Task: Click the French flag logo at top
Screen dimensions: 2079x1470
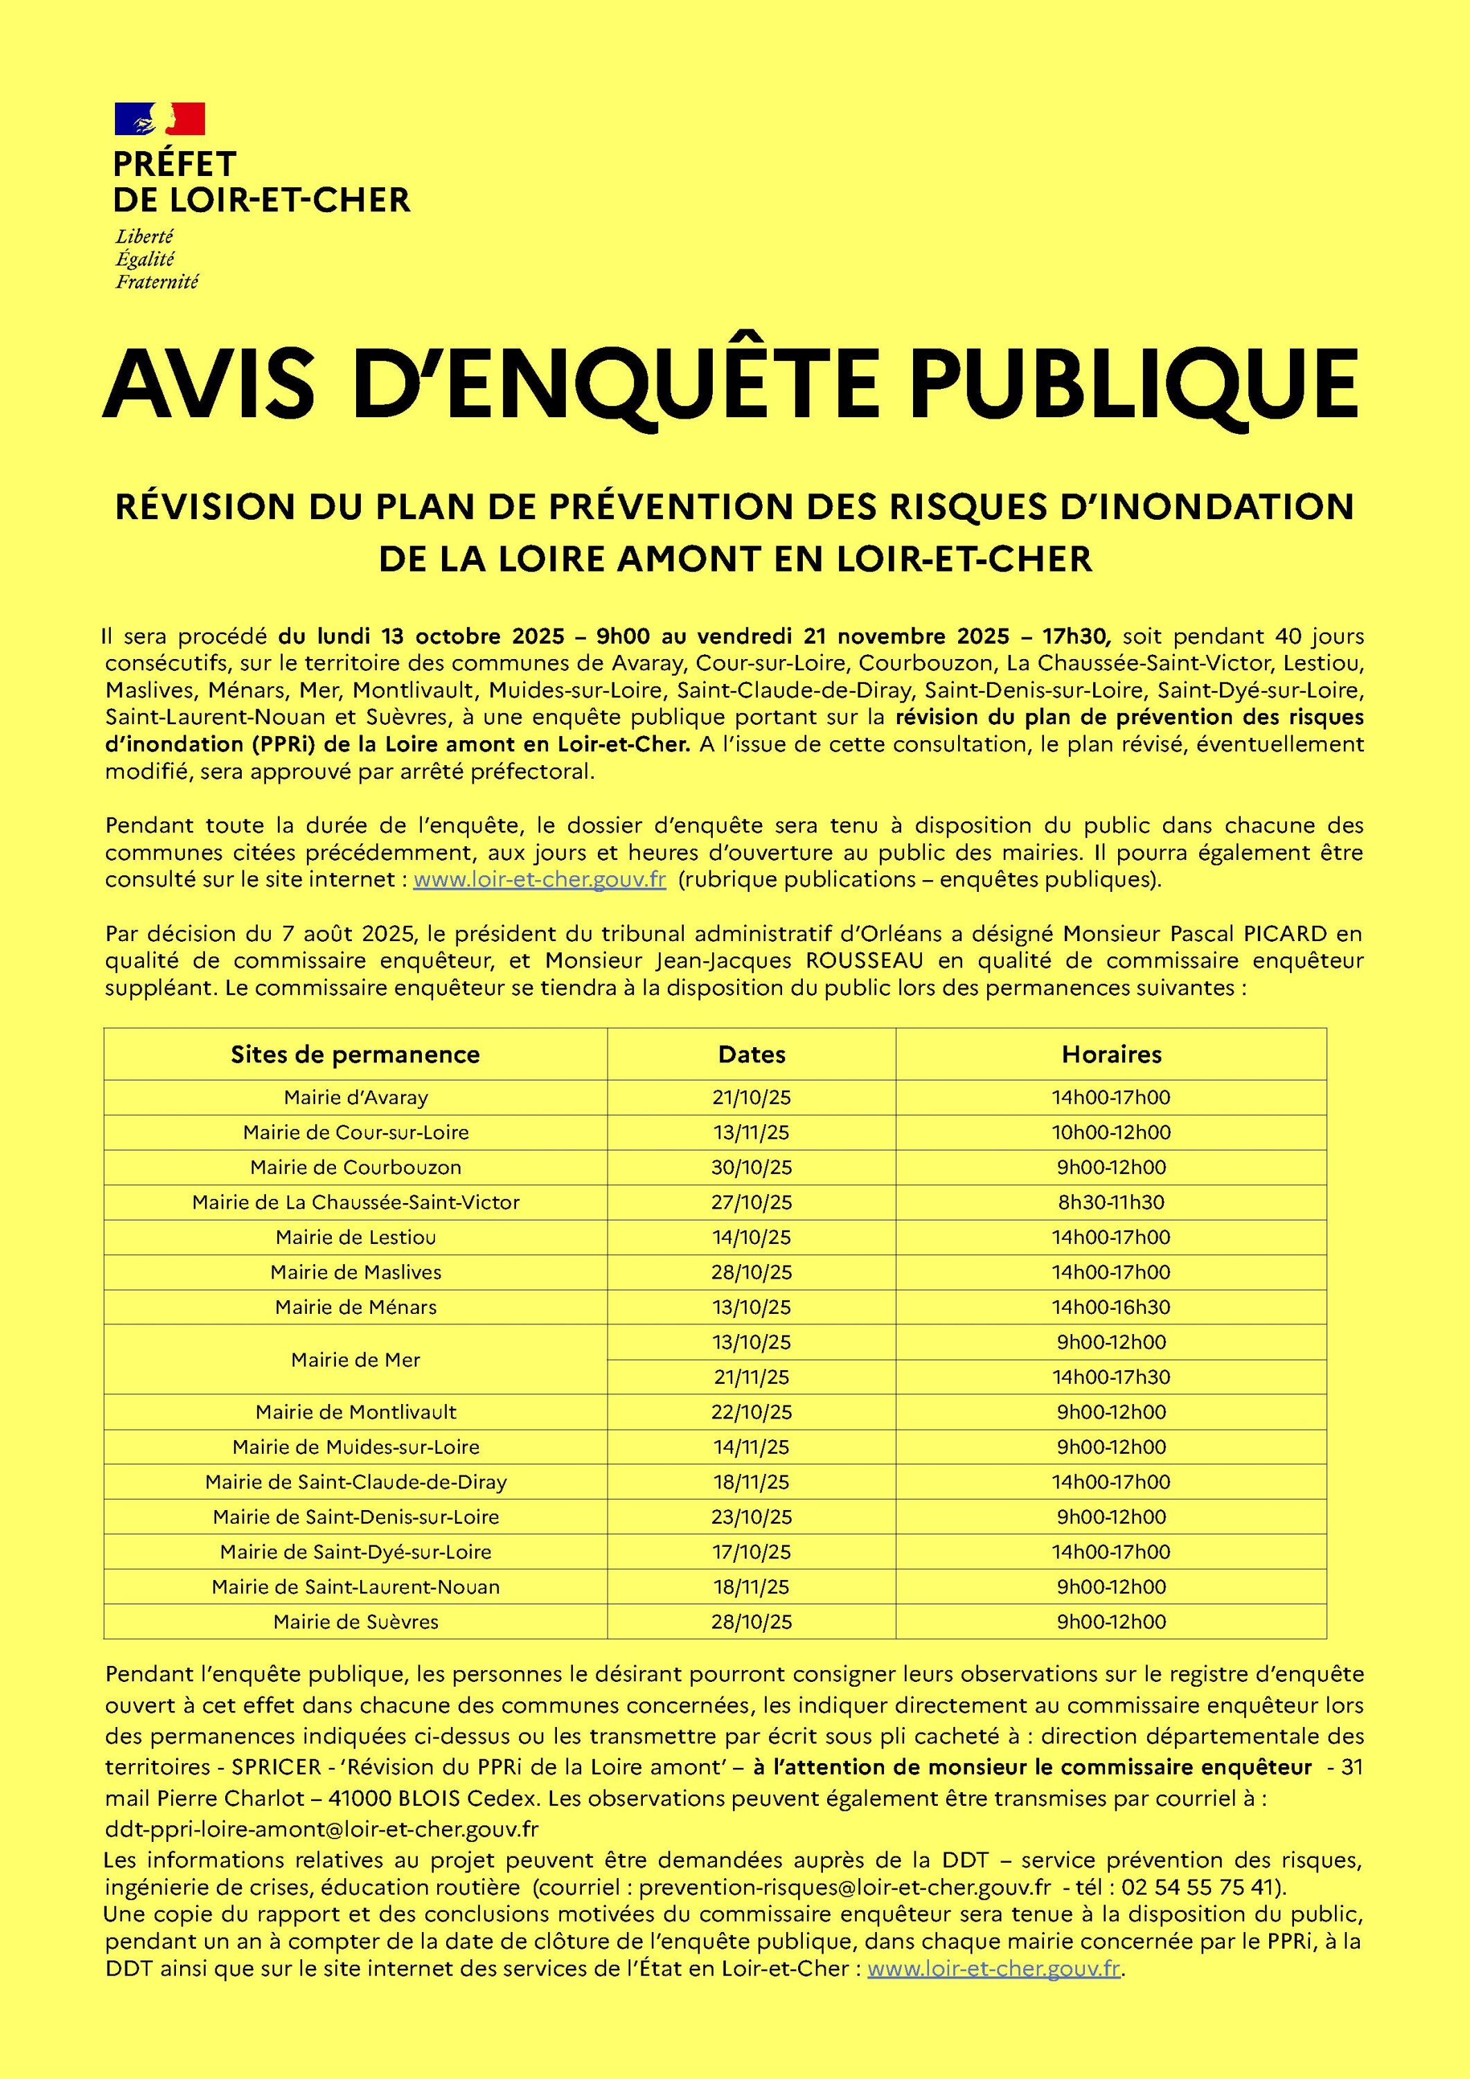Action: (x=159, y=119)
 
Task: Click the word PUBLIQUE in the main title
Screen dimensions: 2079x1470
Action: (x=1133, y=383)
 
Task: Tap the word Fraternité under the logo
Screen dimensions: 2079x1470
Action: (x=157, y=281)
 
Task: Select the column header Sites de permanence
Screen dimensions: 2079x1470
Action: (x=355, y=1054)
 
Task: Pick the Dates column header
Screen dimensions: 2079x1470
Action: (x=752, y=1054)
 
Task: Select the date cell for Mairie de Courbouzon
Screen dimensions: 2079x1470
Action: (x=752, y=1167)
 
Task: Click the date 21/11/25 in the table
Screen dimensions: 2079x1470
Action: (x=752, y=1376)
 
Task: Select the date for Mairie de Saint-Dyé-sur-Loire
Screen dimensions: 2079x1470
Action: (x=752, y=1552)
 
